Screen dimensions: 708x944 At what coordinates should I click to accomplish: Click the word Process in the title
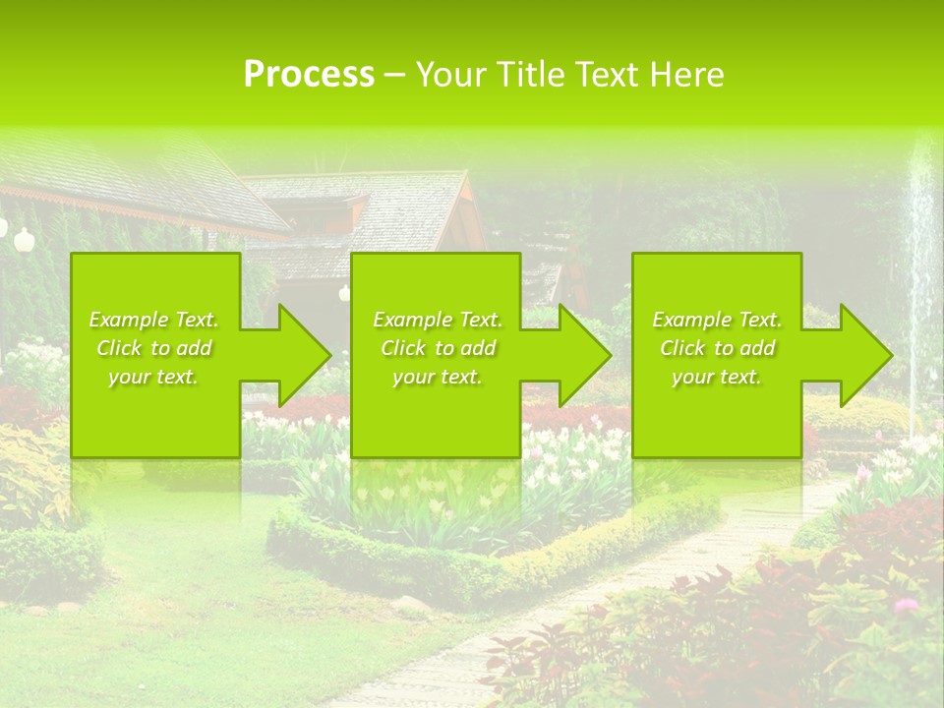pos(309,75)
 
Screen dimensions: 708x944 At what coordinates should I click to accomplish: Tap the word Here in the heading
pos(686,75)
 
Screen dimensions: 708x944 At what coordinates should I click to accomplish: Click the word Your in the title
pos(452,75)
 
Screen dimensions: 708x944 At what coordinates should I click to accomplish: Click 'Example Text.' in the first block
pos(154,320)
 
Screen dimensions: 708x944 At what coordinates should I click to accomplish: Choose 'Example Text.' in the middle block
pos(438,320)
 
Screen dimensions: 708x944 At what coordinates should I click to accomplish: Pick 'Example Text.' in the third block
pos(717,320)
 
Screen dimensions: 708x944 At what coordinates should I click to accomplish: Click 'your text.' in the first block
pos(154,377)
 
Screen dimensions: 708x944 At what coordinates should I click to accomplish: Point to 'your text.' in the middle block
pos(438,377)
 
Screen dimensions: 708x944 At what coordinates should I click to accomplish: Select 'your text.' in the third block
pos(717,377)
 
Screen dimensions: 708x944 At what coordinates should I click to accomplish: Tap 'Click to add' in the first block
pos(154,348)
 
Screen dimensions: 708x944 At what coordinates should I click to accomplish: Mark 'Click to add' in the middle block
pos(438,348)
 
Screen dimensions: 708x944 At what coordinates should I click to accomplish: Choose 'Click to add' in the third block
pos(717,348)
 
